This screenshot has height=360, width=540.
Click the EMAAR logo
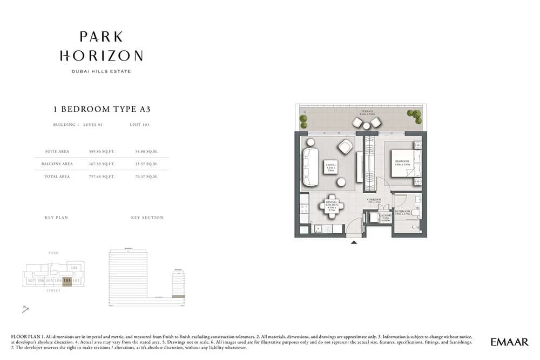click(x=510, y=342)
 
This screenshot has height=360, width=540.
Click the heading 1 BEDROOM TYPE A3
click(x=102, y=109)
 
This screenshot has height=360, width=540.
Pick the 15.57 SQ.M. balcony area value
click(x=145, y=164)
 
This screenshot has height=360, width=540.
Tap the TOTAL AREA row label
click(x=57, y=176)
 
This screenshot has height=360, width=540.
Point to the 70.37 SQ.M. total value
click(x=145, y=176)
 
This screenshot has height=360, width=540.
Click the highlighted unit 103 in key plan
click(x=67, y=281)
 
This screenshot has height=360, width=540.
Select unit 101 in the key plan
click(x=75, y=268)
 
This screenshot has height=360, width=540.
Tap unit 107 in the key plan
click(x=31, y=281)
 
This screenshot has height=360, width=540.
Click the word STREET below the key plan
click(x=53, y=291)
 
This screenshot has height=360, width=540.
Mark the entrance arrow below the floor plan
click(x=354, y=242)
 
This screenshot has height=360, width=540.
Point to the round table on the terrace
click(x=366, y=126)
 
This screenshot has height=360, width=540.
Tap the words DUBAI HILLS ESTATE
click(x=102, y=71)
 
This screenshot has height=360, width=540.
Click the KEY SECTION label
click(x=147, y=218)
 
